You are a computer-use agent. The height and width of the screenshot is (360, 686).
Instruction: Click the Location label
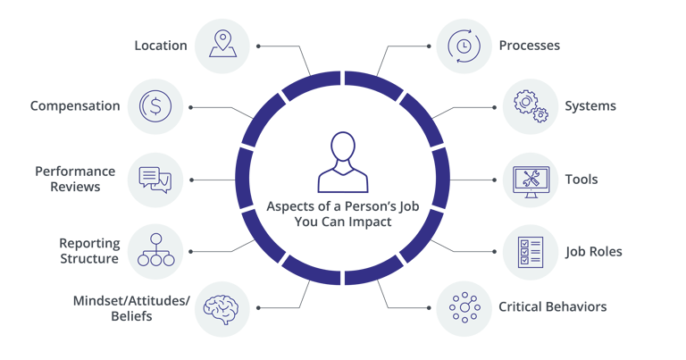161,45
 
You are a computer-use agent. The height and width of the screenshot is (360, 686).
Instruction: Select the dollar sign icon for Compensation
155,106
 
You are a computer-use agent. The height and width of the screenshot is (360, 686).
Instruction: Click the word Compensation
75,106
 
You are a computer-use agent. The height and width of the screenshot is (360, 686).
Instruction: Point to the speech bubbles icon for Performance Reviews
155,179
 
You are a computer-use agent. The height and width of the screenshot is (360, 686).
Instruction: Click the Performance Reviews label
75,179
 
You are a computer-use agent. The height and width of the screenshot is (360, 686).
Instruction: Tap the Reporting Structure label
89,251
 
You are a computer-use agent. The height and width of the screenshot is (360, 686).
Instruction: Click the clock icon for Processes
464,45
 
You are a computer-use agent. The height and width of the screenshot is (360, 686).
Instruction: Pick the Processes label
530,45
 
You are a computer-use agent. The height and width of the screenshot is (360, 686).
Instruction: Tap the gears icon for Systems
530,106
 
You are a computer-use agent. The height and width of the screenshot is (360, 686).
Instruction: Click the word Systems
590,106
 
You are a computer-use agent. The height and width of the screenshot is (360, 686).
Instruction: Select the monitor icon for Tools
530,179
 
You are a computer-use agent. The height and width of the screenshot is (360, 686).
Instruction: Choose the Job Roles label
594,251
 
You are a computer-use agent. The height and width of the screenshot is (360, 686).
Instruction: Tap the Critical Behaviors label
553,307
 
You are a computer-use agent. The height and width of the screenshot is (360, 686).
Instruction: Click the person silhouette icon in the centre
342,162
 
